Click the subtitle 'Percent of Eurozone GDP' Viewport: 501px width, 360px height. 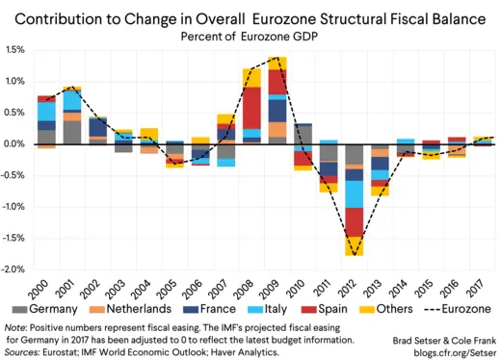[250, 36]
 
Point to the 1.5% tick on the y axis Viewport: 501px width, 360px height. [15, 50]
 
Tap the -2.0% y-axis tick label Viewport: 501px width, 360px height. [13, 270]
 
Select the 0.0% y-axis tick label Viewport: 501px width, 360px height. [15, 144]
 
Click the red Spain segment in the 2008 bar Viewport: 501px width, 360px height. [251, 107]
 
